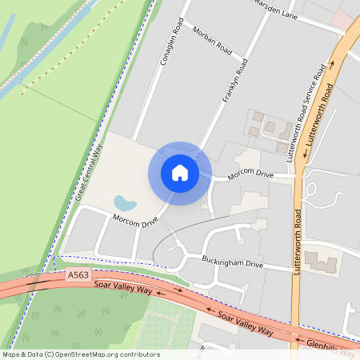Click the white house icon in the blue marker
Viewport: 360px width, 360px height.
[180, 173]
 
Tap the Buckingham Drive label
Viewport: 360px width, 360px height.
[231, 263]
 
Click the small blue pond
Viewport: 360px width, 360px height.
[125, 202]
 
